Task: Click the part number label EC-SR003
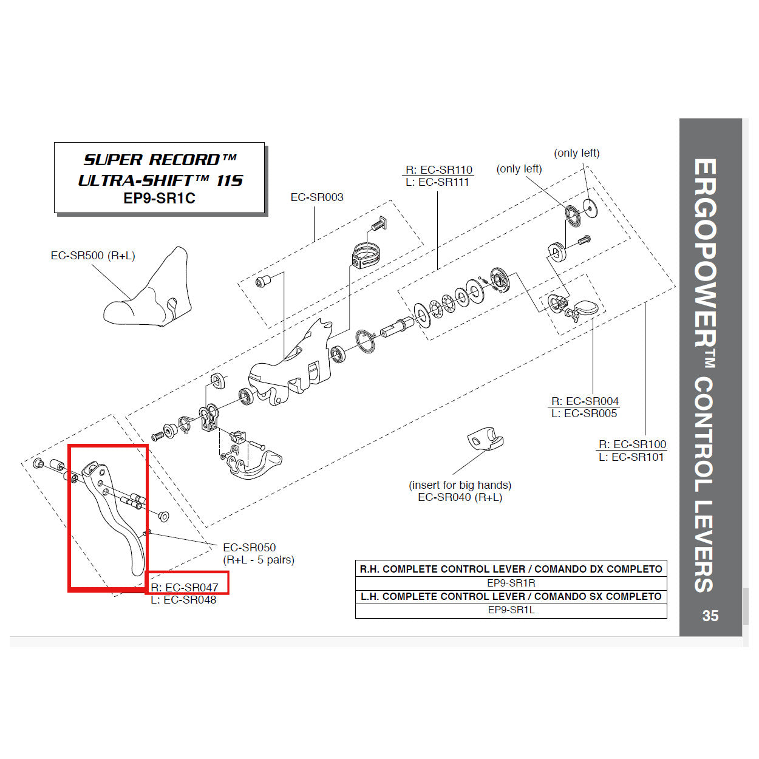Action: (316, 197)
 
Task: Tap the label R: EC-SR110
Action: (438, 170)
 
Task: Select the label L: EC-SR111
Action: (437, 182)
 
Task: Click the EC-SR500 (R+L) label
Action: (92, 256)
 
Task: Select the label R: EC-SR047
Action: (185, 587)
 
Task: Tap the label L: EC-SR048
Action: (183, 600)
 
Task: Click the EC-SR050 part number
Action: (249, 548)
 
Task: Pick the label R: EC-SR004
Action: (585, 401)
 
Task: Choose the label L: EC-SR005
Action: (584, 414)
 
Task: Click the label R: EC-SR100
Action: (632, 444)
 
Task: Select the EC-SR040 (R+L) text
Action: (460, 497)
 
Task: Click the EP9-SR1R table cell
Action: (511, 583)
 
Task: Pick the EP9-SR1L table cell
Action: (511, 610)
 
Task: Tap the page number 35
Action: (710, 616)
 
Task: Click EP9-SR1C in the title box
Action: (159, 199)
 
